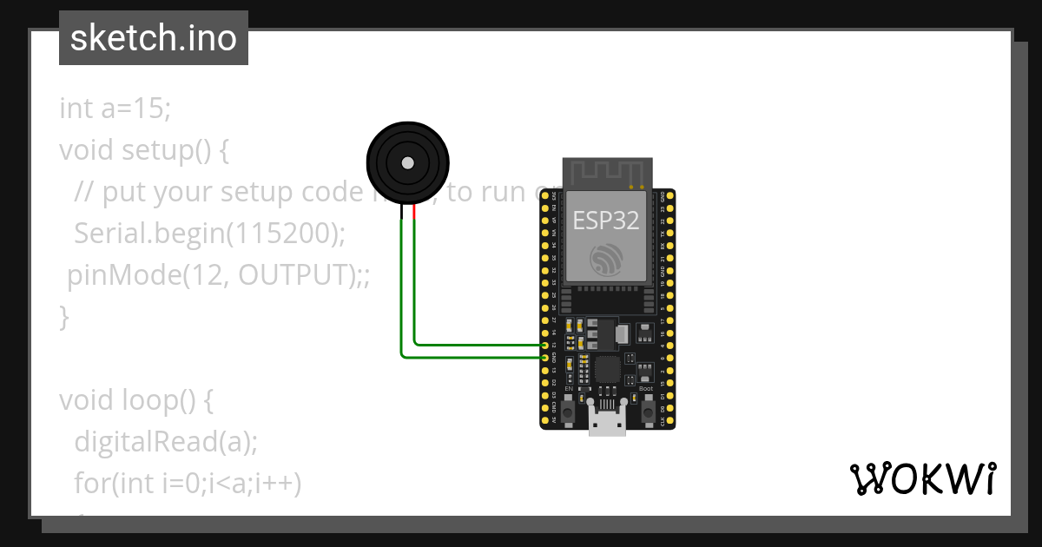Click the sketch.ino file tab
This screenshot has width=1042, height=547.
pos(154,38)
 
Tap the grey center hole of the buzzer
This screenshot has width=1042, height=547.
pos(406,161)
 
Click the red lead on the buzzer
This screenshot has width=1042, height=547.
pos(414,213)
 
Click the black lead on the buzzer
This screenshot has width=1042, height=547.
pos(401,213)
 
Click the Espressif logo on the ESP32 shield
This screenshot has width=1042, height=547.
pos(606,259)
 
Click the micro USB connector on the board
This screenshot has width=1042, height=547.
pos(608,423)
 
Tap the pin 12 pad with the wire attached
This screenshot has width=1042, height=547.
pos(545,345)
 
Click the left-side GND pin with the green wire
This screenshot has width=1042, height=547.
pos(545,357)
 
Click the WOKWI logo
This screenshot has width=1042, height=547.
pos(922,478)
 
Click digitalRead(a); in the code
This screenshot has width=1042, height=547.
pos(166,442)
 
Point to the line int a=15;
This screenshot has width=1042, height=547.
pos(115,109)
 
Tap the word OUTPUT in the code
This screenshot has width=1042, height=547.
pos(294,275)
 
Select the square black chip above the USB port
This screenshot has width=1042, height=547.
pos(608,371)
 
